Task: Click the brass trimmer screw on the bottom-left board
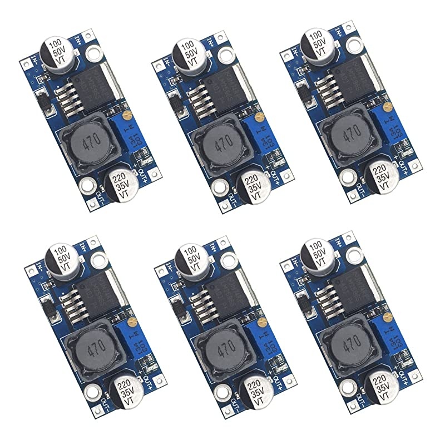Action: [x=132, y=321]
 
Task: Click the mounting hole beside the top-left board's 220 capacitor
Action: [x=86, y=185]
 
